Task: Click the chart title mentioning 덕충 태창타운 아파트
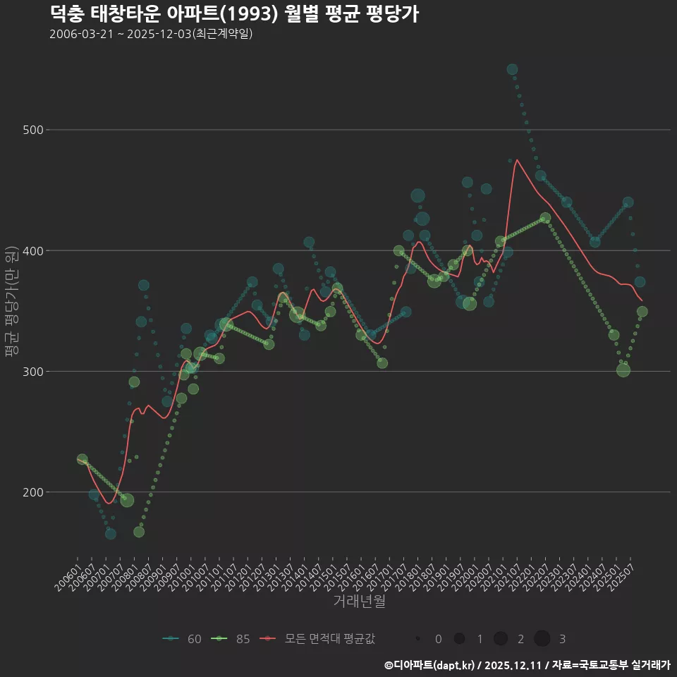pos(234,13)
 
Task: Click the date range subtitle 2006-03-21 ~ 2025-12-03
pos(151,34)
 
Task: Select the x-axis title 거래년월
pos(359,602)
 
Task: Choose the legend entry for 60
pos(182,639)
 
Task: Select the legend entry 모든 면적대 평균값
pos(317,639)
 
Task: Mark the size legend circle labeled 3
pos(542,639)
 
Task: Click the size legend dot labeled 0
pos(418,639)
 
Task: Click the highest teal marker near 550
pos(512,70)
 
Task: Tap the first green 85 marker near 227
pos(82,459)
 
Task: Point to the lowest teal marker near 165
pos(111,534)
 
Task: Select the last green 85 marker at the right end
pos(642,312)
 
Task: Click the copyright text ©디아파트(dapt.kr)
pos(429,664)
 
